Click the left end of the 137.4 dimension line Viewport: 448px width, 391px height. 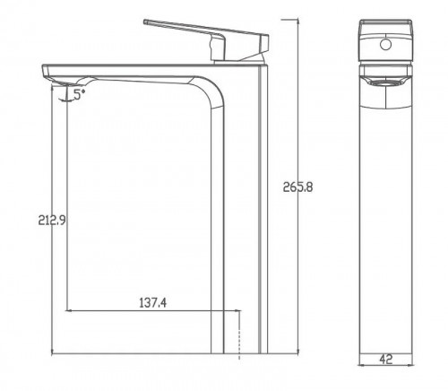pos(68,312)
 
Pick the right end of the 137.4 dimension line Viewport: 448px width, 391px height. pos(239,312)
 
